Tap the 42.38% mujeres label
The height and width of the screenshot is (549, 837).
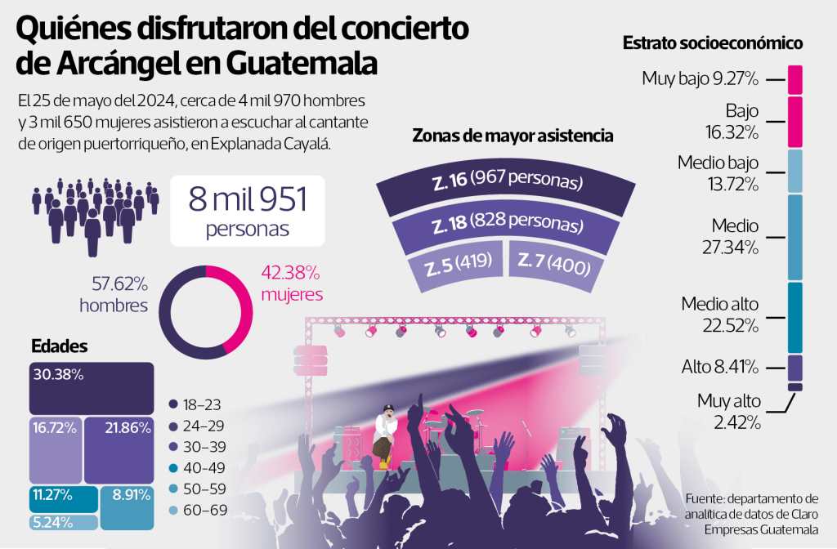pos(292,283)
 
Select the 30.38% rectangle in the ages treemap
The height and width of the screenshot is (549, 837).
pos(91,387)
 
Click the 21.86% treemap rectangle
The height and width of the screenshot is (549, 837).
pos(119,449)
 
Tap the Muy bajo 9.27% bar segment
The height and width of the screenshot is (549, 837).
pos(795,79)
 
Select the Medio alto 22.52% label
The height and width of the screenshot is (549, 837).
pos(719,314)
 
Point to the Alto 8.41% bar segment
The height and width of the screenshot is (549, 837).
pos(795,367)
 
